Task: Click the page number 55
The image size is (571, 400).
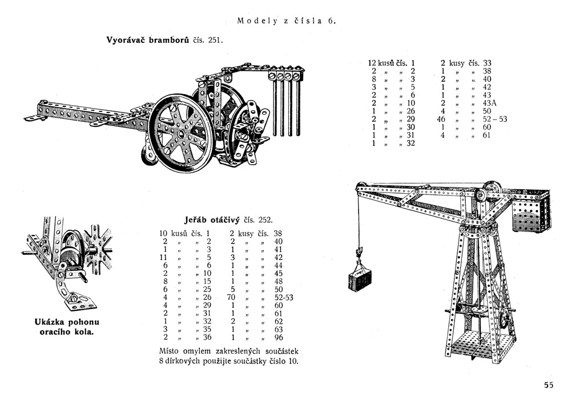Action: [549, 385]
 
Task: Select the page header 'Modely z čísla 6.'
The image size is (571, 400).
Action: [287, 21]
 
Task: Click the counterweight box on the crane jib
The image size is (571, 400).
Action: [530, 210]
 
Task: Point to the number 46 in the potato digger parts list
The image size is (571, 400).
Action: [440, 119]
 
